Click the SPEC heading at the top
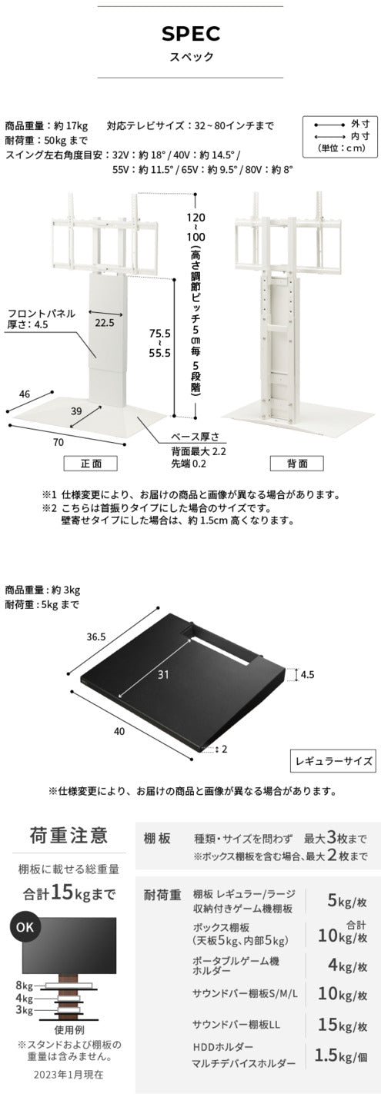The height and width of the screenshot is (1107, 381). click(x=190, y=34)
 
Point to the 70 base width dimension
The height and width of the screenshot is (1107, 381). click(x=58, y=443)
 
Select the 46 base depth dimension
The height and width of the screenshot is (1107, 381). click(x=25, y=394)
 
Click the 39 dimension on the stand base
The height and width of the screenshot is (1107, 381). click(x=76, y=412)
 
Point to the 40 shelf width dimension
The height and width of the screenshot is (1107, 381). click(x=119, y=731)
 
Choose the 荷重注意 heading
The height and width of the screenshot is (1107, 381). click(x=68, y=836)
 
